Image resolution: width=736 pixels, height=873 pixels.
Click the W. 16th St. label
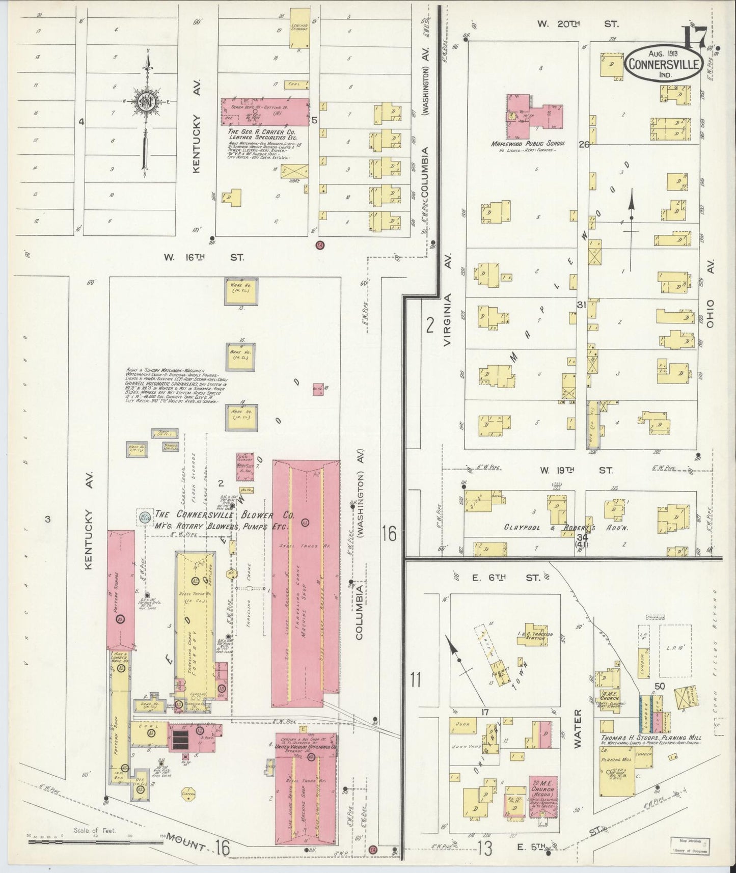(x=203, y=258)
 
